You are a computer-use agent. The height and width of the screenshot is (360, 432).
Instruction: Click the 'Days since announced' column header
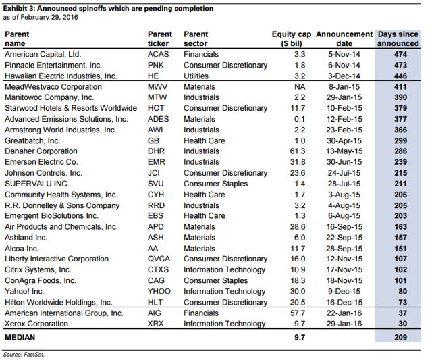point(398,39)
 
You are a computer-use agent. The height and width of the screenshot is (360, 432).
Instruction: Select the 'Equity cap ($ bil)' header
point(292,39)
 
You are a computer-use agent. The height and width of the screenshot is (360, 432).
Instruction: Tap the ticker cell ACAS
point(158,54)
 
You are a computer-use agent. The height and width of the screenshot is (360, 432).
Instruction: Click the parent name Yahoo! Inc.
point(24,291)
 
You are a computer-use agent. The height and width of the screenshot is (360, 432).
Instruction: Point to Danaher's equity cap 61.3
point(298,151)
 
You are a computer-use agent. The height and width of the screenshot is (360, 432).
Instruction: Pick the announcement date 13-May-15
point(344,151)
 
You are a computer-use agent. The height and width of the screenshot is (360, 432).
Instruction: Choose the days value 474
point(400,54)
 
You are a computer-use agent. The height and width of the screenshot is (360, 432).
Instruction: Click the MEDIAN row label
point(20,338)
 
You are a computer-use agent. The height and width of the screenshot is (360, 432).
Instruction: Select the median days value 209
point(400,338)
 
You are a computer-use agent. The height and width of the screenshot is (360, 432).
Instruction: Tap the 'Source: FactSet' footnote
point(24,354)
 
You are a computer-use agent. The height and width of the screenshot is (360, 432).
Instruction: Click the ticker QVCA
point(159,259)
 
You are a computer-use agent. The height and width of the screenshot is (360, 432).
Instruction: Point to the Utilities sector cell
point(196,76)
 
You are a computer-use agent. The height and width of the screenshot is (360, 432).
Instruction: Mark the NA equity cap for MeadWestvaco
point(300,87)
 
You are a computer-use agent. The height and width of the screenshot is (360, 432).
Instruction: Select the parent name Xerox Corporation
point(36,324)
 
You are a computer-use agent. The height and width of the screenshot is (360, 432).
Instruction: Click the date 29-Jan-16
point(344,324)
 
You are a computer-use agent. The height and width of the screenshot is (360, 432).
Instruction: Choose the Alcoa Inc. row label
point(22,249)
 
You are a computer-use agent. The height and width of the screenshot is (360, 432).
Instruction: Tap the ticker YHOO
point(159,291)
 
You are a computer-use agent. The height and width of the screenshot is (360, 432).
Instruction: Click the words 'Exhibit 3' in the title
point(18,9)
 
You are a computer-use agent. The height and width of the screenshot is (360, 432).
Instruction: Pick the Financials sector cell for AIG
point(201,313)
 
